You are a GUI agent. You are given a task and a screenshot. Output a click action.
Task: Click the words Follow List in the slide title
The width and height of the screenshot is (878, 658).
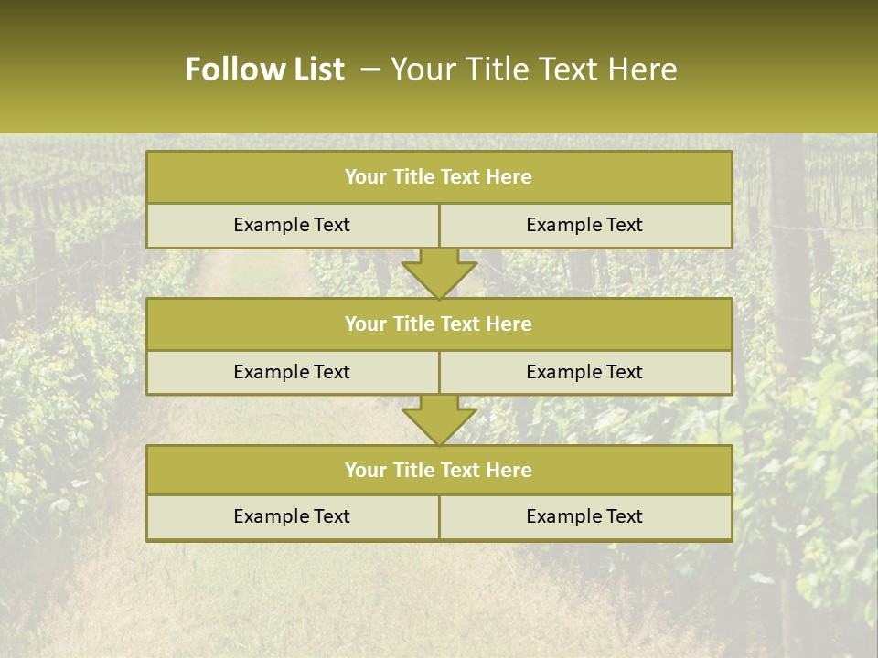pos(264,69)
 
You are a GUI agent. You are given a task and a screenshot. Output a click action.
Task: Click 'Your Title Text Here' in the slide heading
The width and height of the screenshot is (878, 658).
pos(533,69)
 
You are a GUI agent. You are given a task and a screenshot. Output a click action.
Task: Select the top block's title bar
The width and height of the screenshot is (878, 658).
pos(439,177)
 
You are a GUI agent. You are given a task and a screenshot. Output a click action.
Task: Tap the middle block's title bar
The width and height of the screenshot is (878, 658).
pos(439,324)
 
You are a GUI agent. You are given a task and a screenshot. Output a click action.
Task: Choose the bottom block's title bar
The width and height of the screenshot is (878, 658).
pos(439,470)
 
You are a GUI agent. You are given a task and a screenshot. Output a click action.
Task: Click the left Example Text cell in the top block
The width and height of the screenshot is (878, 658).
pos(292,225)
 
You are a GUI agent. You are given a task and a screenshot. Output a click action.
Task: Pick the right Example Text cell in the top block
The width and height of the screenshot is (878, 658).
pos(584,225)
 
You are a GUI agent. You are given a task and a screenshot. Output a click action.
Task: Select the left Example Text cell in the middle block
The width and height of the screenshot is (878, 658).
pos(292,372)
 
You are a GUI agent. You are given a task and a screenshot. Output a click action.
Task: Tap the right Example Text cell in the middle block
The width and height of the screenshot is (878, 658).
pos(584,372)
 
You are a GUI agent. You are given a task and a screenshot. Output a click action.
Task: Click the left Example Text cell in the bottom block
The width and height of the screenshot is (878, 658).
pos(292,516)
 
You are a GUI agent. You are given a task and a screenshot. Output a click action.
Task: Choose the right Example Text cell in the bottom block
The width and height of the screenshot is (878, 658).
pos(584,516)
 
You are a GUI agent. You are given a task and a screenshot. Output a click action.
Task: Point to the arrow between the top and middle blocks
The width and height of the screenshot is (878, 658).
pos(439,272)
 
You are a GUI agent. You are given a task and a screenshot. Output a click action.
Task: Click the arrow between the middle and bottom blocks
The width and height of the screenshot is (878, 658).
pos(439,419)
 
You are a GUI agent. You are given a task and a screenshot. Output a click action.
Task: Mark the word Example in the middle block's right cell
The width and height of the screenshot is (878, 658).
pos(560,372)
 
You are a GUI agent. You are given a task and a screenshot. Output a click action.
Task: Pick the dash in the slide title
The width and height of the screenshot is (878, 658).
pos(370,69)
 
